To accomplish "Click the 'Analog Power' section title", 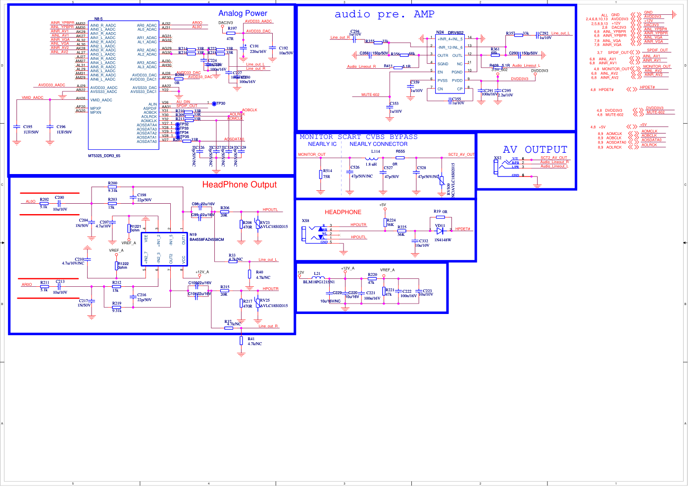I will pyautogui.click(x=243, y=13).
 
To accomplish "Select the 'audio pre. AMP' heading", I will pyautogui.click(x=384, y=14).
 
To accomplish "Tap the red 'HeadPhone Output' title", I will pyautogui.click(x=239, y=184).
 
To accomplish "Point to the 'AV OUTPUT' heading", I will pyautogui.click(x=535, y=149).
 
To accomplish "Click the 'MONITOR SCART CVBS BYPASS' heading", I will pyautogui.click(x=358, y=137).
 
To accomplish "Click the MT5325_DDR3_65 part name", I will pyautogui.click(x=104, y=156).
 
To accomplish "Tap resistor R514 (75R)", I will pyautogui.click(x=321, y=174).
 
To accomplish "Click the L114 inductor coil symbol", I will pyautogui.click(x=371, y=158).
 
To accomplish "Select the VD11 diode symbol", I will pyautogui.click(x=440, y=230).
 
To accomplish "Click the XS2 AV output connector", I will pyautogui.click(x=498, y=166).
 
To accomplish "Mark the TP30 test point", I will pyautogui.click(x=214, y=103).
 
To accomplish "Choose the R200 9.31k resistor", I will pyautogui.click(x=112, y=187).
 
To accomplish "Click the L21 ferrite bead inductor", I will pyautogui.click(x=317, y=278).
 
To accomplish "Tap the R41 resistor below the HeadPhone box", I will pyautogui.click(x=241, y=340).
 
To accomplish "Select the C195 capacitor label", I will pyautogui.click(x=28, y=127).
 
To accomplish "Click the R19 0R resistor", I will pyautogui.click(x=440, y=217).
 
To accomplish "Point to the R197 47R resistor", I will pyautogui.click(x=231, y=33).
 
